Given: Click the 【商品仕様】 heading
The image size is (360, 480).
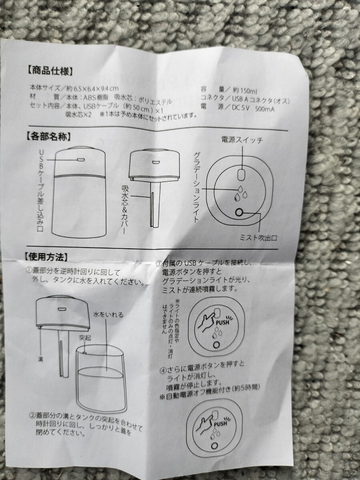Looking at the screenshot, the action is pyautogui.click(x=50, y=71).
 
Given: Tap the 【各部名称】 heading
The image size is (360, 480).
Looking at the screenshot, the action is pyautogui.click(x=48, y=136).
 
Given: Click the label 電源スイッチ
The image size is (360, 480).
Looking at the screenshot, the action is pyautogui.click(x=242, y=140).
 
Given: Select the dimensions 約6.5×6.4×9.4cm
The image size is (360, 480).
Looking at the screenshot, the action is pyautogui.click(x=93, y=88).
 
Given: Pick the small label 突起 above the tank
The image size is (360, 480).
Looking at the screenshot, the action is pyautogui.click(x=85, y=338).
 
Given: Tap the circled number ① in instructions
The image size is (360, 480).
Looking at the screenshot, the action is pyautogui.click(x=29, y=270).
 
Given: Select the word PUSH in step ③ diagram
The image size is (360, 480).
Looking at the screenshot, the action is pyautogui.click(x=222, y=322).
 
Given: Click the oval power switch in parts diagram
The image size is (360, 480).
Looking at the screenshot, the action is pyautogui.click(x=241, y=174).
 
